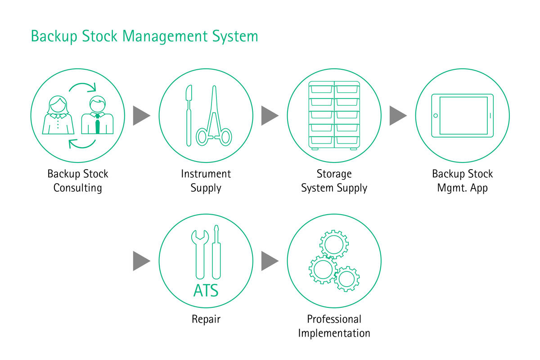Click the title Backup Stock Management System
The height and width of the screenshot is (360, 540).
[144, 36]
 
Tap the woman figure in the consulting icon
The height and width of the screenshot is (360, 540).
[58, 116]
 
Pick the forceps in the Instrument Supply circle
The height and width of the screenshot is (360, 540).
[214, 118]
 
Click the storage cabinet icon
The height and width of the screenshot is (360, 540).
[334, 115]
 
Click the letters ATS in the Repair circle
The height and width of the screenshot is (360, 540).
[206, 290]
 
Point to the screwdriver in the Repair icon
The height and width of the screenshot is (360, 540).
[216, 252]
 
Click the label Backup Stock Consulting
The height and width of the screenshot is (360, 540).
[78, 180]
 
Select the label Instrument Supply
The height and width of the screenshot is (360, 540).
[206, 180]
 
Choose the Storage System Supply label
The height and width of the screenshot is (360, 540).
[334, 180]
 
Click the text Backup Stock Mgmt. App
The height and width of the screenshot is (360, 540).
[463, 180]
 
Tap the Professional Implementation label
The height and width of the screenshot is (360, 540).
[334, 326]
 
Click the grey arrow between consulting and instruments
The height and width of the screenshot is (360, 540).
[141, 116]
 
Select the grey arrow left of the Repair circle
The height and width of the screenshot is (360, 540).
[141, 261]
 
